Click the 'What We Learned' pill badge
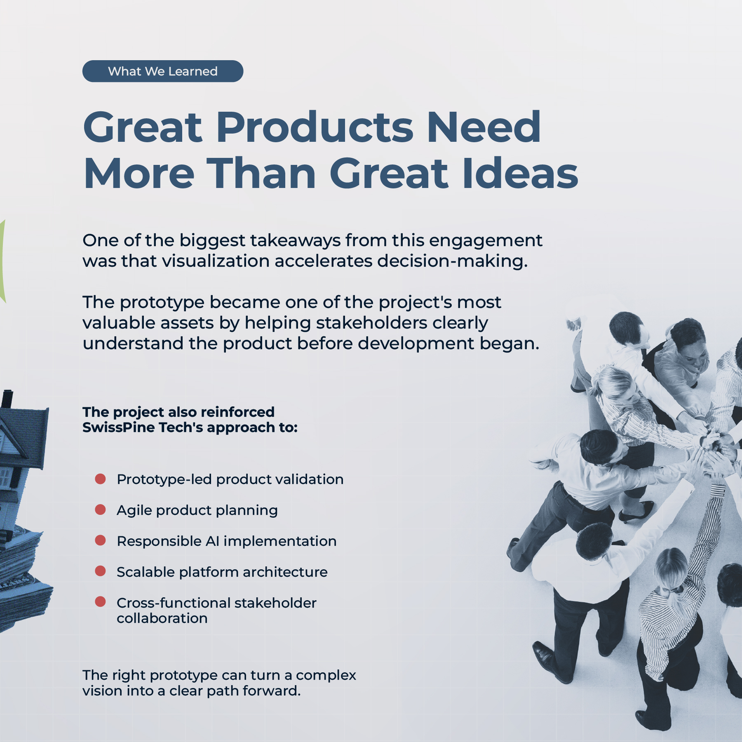pyautogui.click(x=163, y=71)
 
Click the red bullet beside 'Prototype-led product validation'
pyautogui.click(x=101, y=479)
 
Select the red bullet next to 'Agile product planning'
pyautogui.click(x=101, y=510)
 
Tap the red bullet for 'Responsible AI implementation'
pyautogui.click(x=101, y=540)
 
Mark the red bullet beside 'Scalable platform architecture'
pyautogui.click(x=101, y=571)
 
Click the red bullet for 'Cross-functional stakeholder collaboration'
pyautogui.click(x=101, y=602)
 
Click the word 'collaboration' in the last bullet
pyautogui.click(x=162, y=618)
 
